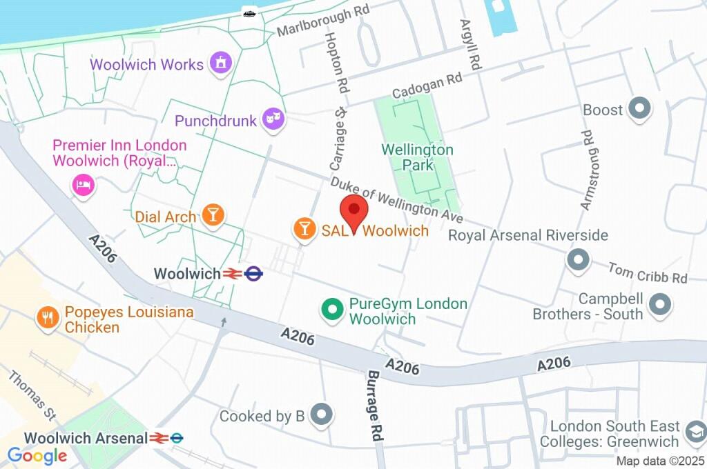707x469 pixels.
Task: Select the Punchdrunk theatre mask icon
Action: tap(274, 120)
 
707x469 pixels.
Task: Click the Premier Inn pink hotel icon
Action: tap(83, 184)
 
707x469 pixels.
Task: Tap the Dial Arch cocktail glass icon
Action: tap(213, 215)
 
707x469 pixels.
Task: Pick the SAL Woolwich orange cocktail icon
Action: tap(304, 229)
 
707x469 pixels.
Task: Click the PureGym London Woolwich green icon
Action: tap(333, 310)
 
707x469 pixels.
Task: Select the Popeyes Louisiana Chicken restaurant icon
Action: tap(48, 318)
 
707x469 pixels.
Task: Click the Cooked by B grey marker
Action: tap(321, 415)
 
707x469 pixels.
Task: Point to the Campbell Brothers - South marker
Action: tap(661, 304)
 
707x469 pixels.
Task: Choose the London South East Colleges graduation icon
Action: tap(694, 433)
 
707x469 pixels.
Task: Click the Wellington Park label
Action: tap(418, 157)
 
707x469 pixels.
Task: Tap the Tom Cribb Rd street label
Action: tap(648, 272)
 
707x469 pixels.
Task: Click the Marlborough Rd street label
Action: tap(323, 21)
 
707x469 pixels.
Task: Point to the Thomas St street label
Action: tap(32, 396)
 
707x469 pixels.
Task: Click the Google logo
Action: tap(37, 455)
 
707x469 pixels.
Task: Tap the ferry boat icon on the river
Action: tap(250, 12)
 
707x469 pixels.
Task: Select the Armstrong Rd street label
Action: tap(587, 170)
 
